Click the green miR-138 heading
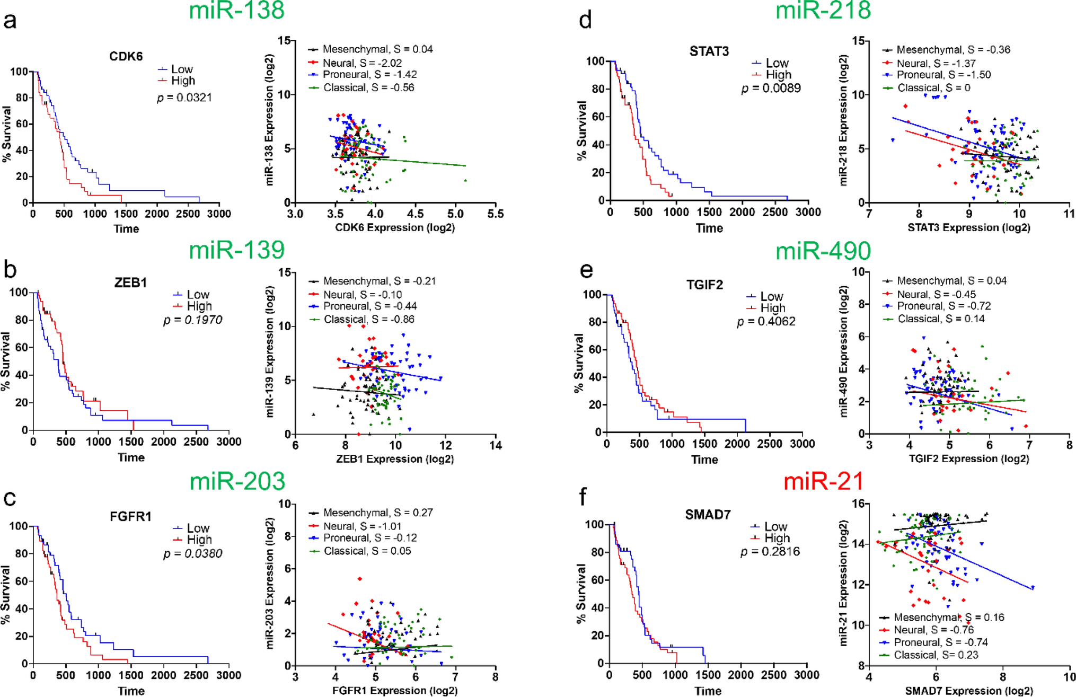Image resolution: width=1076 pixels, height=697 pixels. coord(236,11)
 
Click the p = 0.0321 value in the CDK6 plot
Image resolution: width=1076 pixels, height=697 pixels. coord(184,98)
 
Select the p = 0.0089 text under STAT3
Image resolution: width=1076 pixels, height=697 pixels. coord(771,88)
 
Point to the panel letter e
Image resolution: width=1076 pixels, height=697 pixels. coord(586,270)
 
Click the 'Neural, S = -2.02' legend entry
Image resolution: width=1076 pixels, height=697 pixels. coord(362,63)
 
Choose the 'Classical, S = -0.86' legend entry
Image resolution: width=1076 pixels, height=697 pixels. coord(369,319)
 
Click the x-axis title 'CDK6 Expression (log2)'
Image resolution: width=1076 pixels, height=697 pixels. coord(395,227)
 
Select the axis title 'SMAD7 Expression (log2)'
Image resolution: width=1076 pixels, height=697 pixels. coord(969,691)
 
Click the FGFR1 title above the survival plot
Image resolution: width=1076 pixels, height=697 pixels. coord(130,516)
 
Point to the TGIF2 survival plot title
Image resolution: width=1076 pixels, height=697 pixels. coord(704,285)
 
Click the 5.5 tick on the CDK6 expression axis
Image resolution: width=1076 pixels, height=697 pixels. coord(495,214)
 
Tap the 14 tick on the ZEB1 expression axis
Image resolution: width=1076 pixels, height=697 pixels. coord(495,445)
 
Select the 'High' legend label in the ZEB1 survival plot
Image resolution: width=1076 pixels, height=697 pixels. coord(199,306)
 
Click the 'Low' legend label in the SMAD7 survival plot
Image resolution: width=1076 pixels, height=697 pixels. coord(775,526)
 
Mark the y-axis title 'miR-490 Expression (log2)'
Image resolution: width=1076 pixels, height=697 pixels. coord(844,351)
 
